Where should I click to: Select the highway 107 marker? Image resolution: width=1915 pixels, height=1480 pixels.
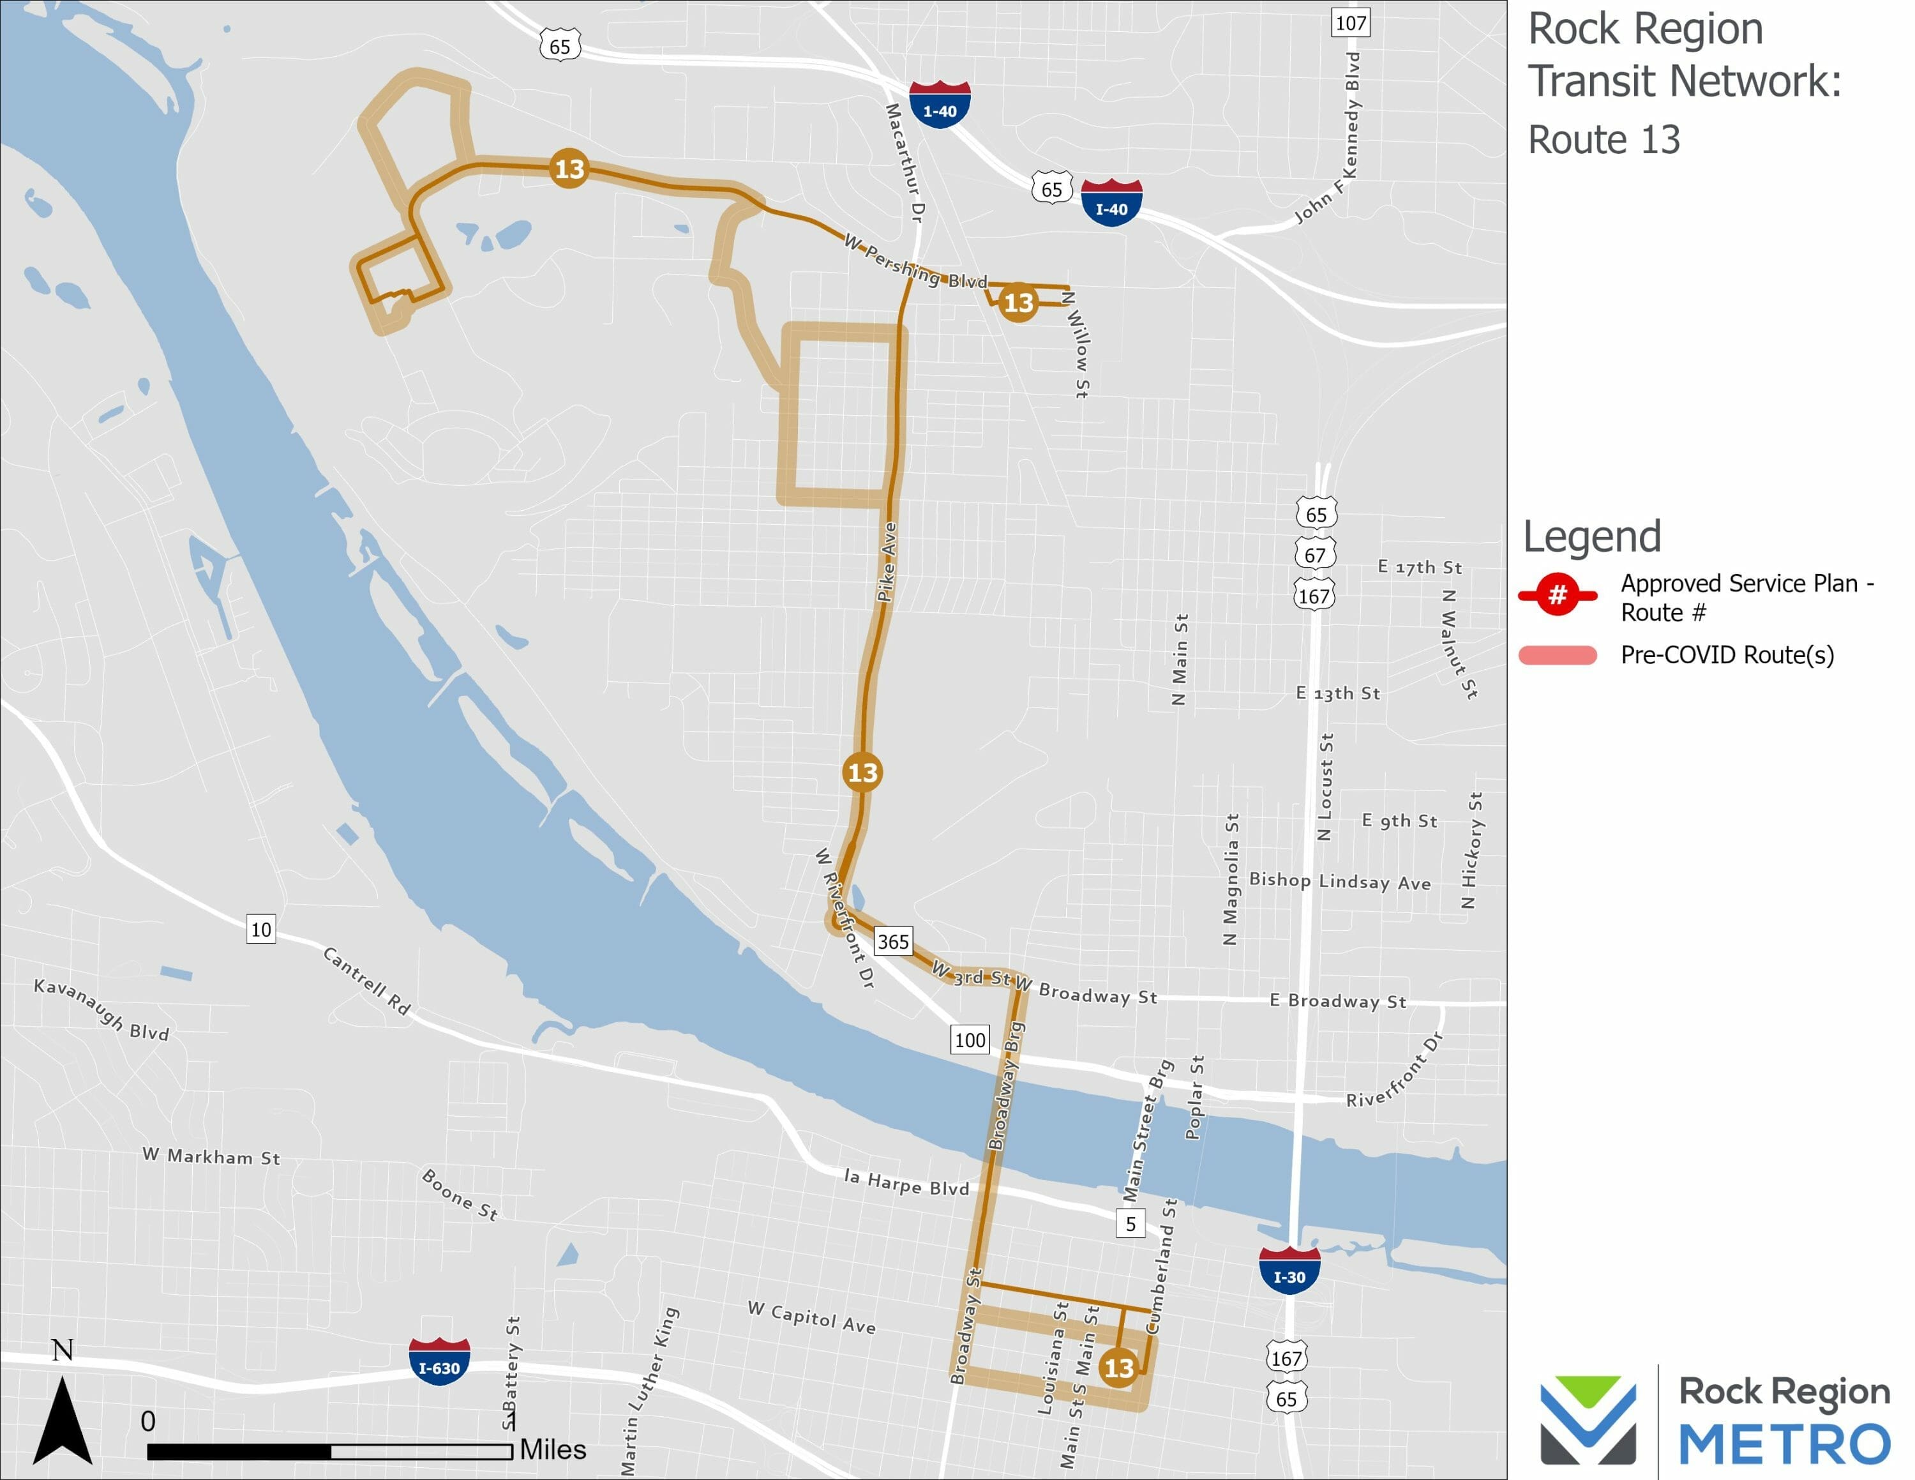pos(1350,23)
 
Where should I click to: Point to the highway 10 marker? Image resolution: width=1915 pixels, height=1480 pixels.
pos(261,930)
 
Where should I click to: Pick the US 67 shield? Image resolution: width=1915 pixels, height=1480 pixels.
pos(1315,554)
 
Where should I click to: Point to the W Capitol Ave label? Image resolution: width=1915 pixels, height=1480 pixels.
pos(811,1317)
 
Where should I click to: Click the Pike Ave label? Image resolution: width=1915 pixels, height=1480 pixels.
pos(887,562)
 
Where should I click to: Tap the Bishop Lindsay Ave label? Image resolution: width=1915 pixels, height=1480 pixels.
pos(1340,881)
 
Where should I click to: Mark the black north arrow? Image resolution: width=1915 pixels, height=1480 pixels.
pos(63,1421)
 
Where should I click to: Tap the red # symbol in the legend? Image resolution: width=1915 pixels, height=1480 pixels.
pos(1558,595)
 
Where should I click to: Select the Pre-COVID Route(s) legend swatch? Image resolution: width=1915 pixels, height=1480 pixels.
pos(1558,655)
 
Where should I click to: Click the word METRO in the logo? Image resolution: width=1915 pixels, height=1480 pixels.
pos(1784,1445)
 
